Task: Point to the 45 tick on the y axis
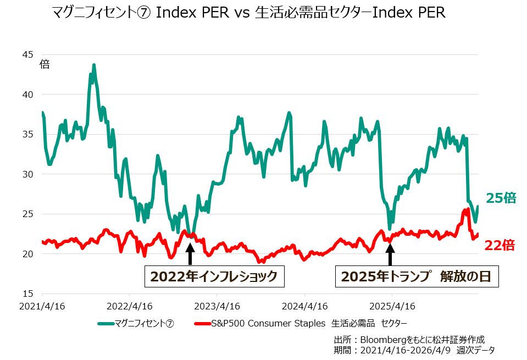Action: [28, 54]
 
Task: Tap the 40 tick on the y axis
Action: [28, 95]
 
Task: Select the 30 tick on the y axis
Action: [28, 174]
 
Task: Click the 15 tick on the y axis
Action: [28, 293]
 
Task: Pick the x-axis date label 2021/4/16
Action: [42, 306]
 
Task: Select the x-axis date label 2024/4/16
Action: [304, 306]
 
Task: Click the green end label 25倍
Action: [501, 198]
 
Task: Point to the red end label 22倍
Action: [500, 245]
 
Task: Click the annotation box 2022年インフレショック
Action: [214, 276]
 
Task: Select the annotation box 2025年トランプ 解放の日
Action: [417, 276]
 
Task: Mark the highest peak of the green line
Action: [94, 65]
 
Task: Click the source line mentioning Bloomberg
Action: [409, 339]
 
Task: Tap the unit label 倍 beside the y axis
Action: [45, 64]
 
